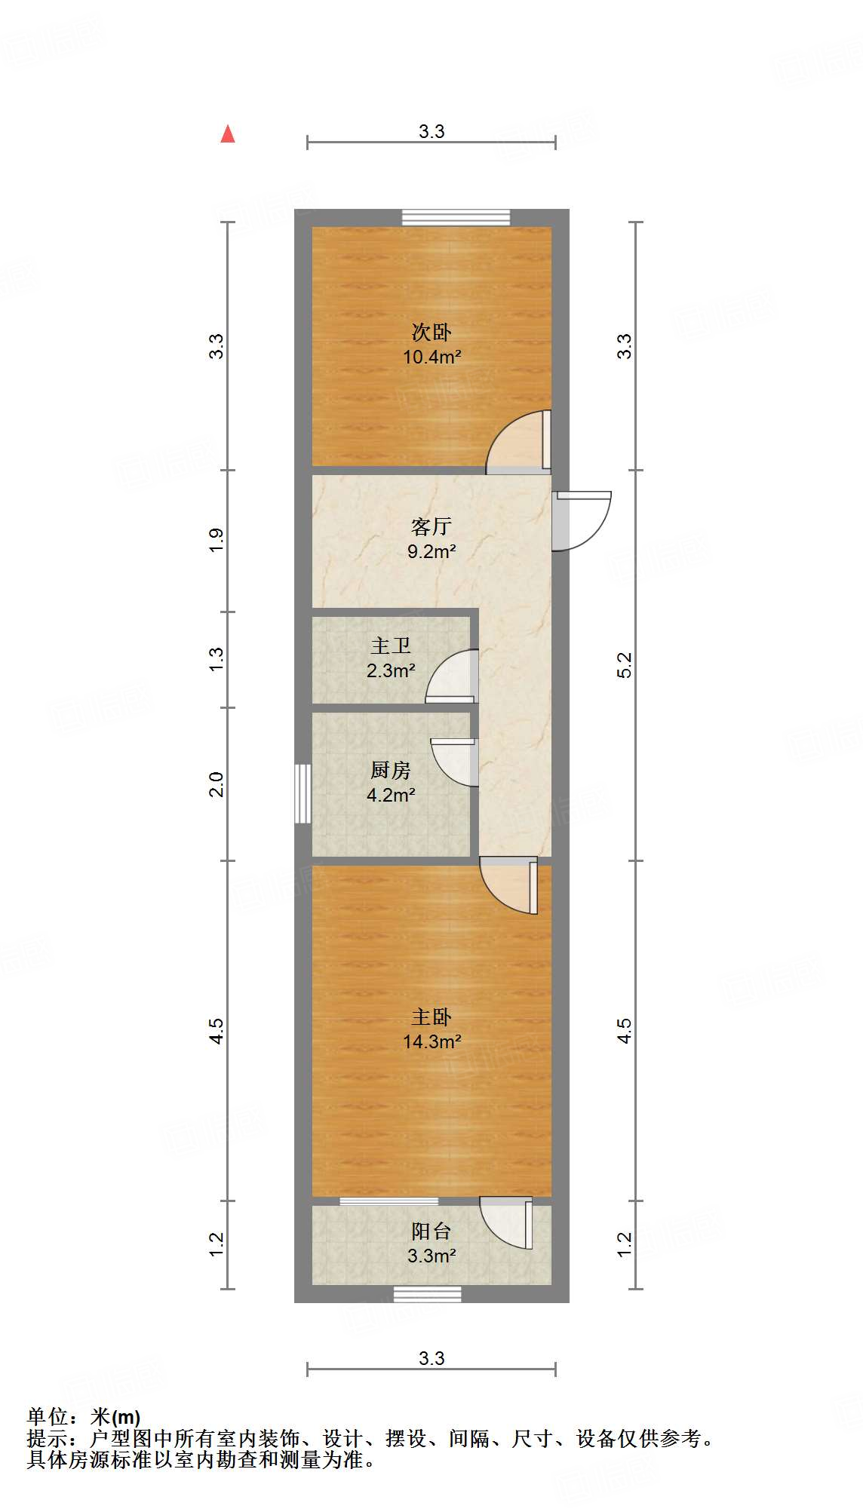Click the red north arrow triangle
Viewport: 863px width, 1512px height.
coord(227,134)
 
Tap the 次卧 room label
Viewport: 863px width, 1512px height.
coord(431,332)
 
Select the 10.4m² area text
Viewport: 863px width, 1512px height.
coord(431,357)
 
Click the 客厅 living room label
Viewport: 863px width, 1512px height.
coord(431,526)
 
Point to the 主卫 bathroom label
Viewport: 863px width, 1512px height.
coord(391,646)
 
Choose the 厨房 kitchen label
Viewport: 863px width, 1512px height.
coord(391,770)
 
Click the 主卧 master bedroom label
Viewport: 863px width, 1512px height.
coord(431,1017)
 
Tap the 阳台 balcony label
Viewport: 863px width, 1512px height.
coord(431,1231)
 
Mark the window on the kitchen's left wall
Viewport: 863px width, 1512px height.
coord(303,793)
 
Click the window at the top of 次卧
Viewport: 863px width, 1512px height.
coord(456,217)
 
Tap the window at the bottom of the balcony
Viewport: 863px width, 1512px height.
coord(427,1294)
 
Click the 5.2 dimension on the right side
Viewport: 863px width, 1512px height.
coord(625,664)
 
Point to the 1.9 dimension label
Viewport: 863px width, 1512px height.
coord(217,540)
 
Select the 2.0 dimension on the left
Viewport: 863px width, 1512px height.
coord(217,784)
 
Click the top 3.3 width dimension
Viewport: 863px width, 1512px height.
coord(431,132)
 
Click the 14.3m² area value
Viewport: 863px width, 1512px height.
coord(431,1041)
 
